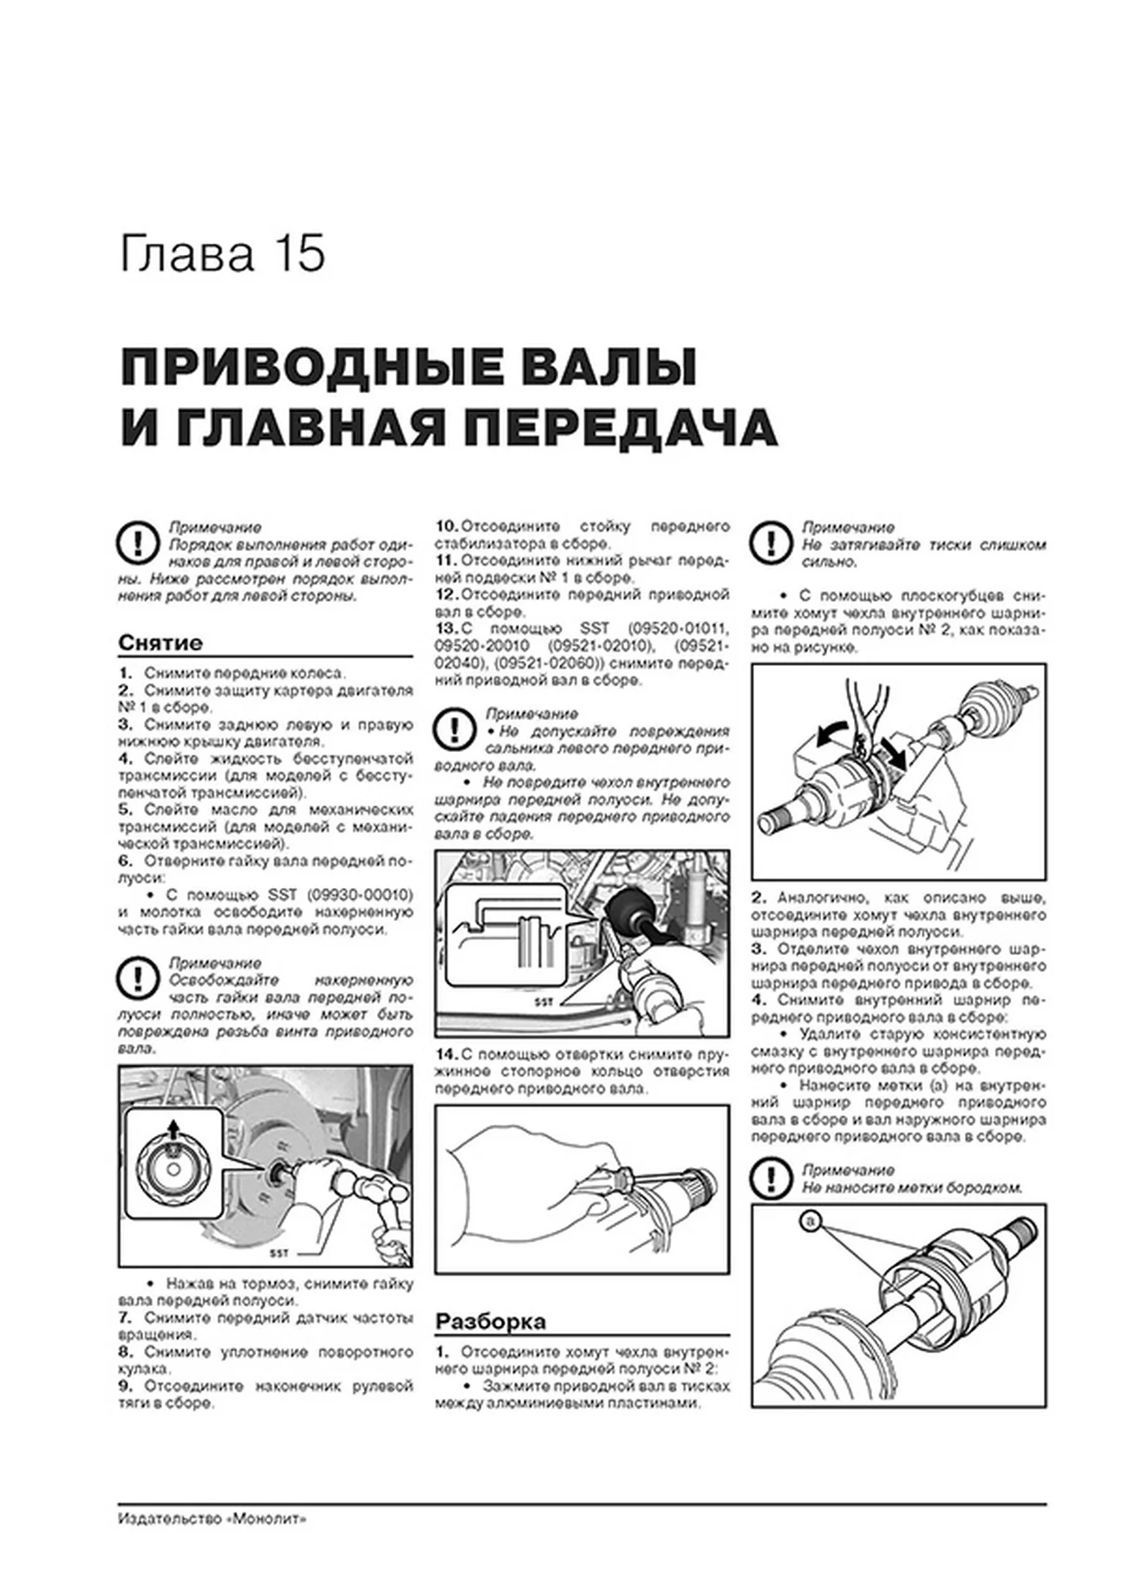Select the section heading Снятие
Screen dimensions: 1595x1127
[160, 644]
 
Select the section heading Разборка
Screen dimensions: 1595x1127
[490, 1322]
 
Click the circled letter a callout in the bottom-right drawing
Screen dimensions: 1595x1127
[811, 1222]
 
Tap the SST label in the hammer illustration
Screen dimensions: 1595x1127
[277, 1254]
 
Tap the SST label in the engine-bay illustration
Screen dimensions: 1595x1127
[544, 1002]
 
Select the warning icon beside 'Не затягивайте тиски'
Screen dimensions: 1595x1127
[770, 545]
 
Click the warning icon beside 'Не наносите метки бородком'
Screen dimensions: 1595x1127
[770, 1179]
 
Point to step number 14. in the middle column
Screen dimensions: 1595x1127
[446, 1055]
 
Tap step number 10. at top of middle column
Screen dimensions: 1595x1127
[446, 526]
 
